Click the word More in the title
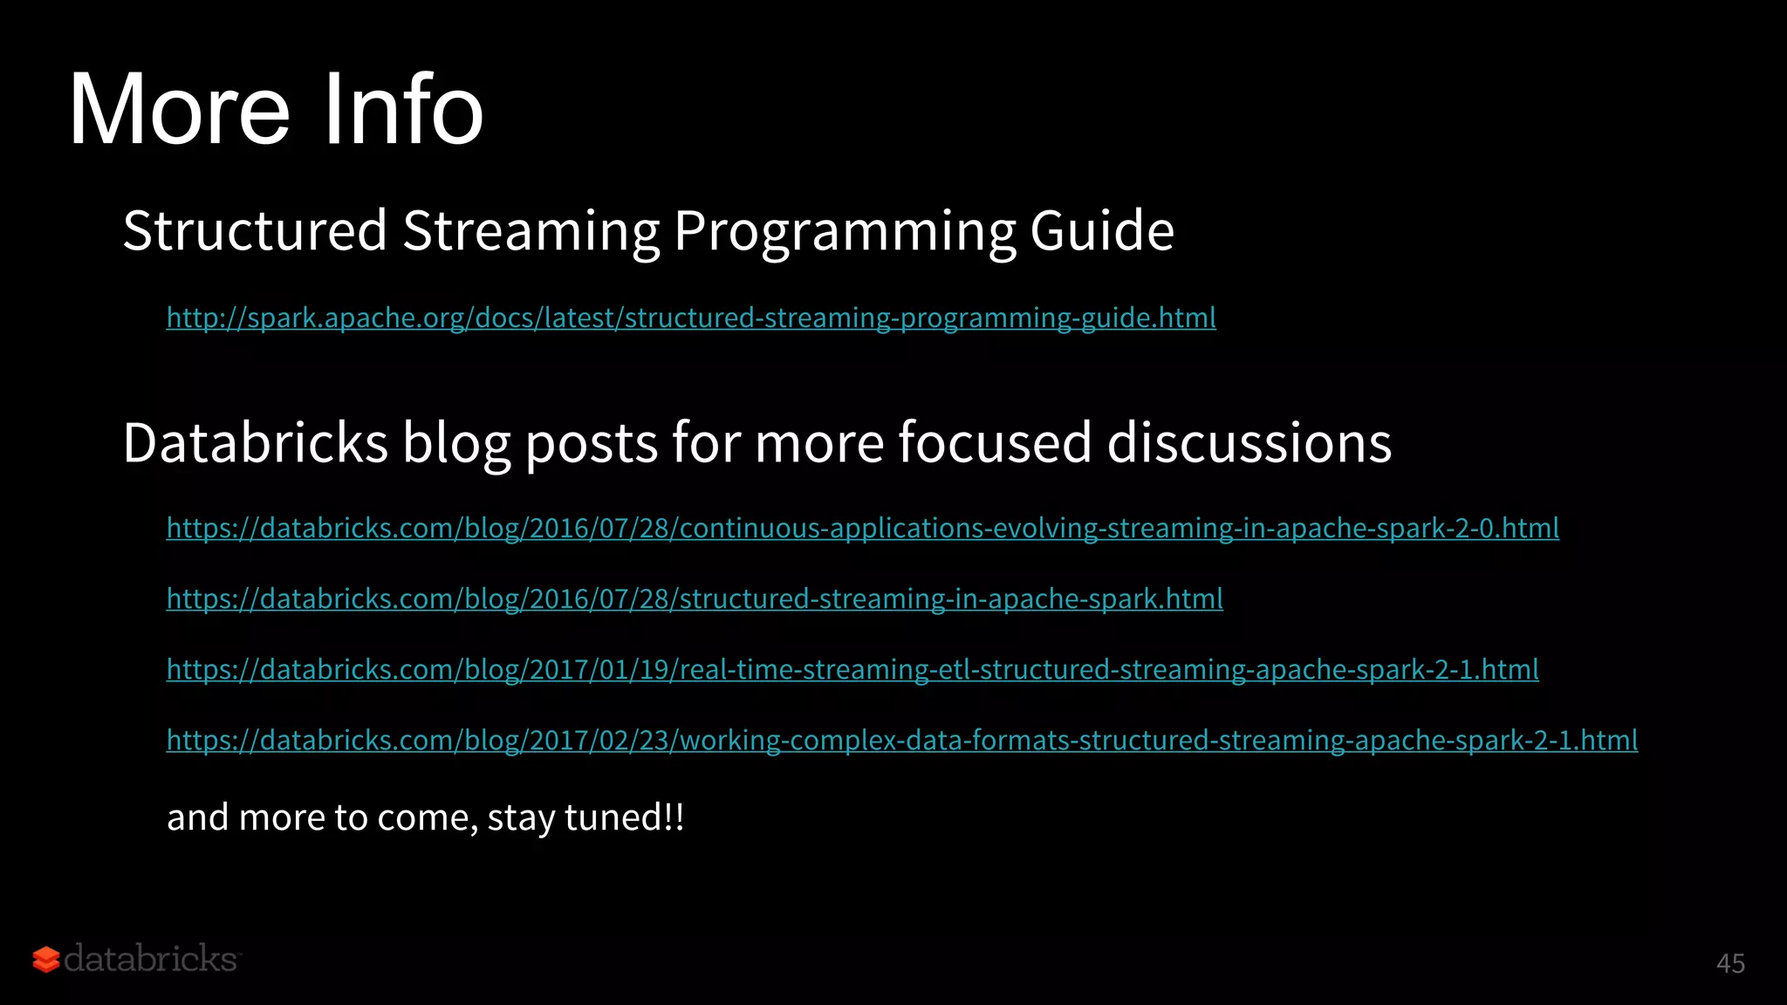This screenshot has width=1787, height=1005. [179, 110]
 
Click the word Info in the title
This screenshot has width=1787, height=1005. [403, 110]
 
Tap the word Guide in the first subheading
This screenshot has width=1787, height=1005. [1101, 231]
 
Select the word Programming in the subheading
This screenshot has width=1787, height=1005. [844, 231]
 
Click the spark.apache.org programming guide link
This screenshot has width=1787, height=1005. [691, 318]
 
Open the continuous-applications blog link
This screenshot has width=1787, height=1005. [862, 528]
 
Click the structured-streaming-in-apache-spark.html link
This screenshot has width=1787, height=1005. [695, 598]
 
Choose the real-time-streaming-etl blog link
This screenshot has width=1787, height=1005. [852, 669]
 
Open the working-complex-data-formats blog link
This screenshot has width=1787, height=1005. [901, 740]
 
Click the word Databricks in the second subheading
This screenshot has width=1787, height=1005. [255, 442]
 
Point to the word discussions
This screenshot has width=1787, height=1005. [1249, 442]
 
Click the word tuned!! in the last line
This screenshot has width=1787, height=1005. [624, 817]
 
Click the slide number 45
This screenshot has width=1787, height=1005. [1730, 963]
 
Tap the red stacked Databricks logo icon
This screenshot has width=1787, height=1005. [46, 960]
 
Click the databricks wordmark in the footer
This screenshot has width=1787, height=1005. [150, 959]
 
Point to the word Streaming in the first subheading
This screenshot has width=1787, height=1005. [531, 231]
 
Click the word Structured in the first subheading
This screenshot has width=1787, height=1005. [255, 231]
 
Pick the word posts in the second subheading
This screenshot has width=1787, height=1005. [591, 442]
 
